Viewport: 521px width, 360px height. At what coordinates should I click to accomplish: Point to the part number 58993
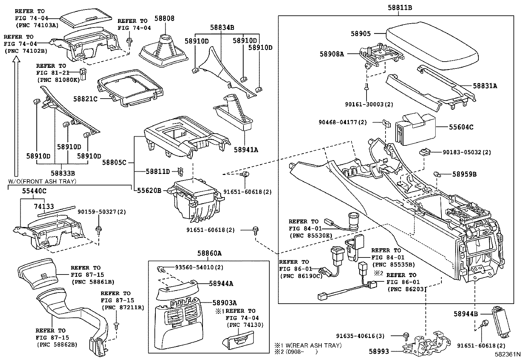[379, 351]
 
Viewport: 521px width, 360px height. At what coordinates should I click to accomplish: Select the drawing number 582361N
[507, 354]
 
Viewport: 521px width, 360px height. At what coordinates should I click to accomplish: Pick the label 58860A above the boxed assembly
[209, 253]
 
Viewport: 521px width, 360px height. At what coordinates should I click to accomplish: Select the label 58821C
[85, 98]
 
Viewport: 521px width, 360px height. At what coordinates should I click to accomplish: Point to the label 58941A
[246, 150]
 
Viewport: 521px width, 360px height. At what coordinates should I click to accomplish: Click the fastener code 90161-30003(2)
[369, 104]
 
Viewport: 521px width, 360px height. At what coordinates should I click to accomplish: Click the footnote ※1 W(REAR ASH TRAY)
[308, 345]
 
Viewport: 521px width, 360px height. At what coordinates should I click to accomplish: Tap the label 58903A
[225, 303]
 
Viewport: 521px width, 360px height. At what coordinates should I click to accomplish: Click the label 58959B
[464, 174]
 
